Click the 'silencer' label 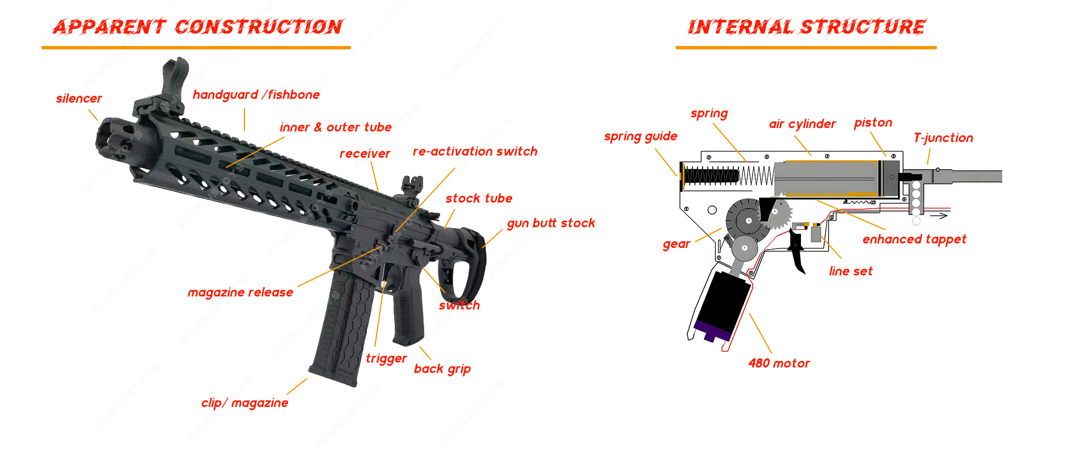click(x=79, y=99)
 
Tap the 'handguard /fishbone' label click(x=256, y=95)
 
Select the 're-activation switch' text click(x=475, y=152)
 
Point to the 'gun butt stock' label click(x=551, y=223)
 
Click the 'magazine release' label click(x=240, y=292)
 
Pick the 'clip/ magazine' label click(x=244, y=403)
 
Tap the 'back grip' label click(x=442, y=369)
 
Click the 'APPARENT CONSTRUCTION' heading click(x=197, y=27)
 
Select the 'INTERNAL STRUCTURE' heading click(x=806, y=27)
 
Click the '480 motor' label click(x=779, y=363)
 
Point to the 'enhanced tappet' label click(x=914, y=239)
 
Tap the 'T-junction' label click(x=943, y=138)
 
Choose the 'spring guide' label click(x=640, y=136)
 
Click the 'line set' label click(x=850, y=271)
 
